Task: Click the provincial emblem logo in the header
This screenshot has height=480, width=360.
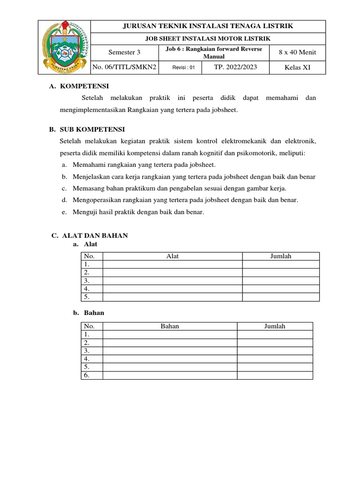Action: (x=63, y=47)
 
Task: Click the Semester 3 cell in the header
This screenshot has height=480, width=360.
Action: (x=124, y=52)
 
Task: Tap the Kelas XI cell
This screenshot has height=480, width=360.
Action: (x=298, y=67)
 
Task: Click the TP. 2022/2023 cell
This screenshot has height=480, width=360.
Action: (x=236, y=67)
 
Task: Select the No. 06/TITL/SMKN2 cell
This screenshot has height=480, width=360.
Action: (x=124, y=67)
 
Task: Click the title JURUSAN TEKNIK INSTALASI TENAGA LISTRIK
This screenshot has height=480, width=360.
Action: (x=208, y=26)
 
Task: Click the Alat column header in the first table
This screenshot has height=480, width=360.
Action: (x=172, y=256)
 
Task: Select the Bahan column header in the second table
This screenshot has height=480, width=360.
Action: (x=170, y=326)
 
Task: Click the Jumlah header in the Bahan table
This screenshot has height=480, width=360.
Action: (x=275, y=326)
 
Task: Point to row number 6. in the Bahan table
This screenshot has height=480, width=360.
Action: (x=86, y=375)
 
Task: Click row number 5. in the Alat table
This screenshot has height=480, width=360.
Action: (x=86, y=297)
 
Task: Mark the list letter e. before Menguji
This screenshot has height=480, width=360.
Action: (x=64, y=212)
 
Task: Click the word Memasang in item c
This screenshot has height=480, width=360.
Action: (x=87, y=188)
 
